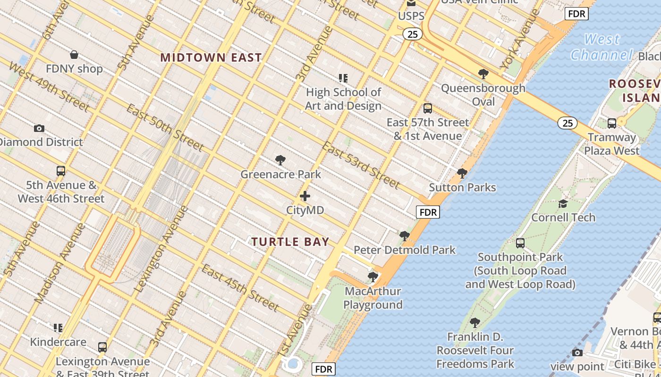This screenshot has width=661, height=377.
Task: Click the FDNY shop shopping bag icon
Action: tap(74, 55)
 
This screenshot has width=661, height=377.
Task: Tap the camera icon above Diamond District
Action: tap(39, 128)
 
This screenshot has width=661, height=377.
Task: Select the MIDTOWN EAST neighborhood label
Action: tap(211, 57)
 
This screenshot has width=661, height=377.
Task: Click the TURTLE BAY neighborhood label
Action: tap(290, 242)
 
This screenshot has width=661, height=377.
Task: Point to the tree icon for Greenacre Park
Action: tap(280, 160)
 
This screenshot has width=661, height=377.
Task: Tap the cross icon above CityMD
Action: tap(305, 196)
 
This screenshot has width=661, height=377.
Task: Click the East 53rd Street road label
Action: tap(361, 165)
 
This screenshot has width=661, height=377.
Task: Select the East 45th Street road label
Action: tap(240, 287)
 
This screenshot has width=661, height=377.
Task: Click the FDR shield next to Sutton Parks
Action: tap(428, 212)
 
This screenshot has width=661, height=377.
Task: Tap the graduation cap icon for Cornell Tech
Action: tap(563, 204)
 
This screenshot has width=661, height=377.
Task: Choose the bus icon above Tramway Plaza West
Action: tap(611, 123)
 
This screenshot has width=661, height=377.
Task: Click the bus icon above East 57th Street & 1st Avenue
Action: tap(427, 108)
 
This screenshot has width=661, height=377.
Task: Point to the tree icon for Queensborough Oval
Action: tap(483, 74)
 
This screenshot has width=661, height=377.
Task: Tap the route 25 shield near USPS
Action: tap(412, 34)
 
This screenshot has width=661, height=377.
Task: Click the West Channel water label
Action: tap(602, 47)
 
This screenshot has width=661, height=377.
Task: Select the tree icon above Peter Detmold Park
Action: tap(404, 236)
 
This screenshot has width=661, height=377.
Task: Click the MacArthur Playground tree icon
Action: tap(373, 277)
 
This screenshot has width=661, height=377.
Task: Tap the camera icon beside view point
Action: tap(577, 352)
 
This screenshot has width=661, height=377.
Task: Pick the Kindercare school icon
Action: tap(58, 328)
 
